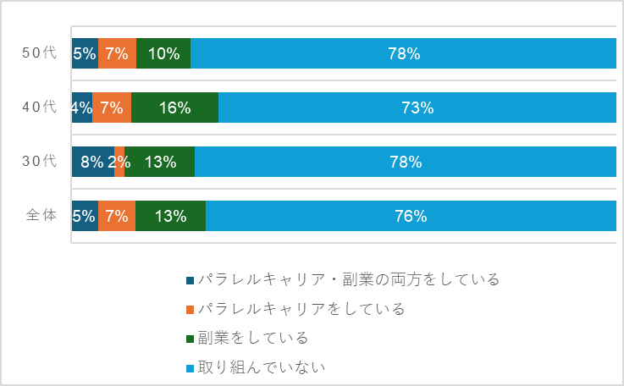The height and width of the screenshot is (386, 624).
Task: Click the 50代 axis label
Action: click(x=39, y=53)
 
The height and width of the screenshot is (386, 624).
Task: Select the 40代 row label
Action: click(x=39, y=108)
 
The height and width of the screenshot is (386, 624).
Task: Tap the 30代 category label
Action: click(x=39, y=162)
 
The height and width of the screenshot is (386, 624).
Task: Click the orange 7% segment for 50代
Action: click(x=117, y=53)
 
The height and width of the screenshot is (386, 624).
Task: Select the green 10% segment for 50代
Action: click(x=163, y=53)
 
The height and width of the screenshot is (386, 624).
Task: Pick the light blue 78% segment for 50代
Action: click(x=404, y=53)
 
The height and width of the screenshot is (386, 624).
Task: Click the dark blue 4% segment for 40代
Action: click(x=82, y=108)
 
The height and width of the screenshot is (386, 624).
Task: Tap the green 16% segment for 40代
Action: click(x=174, y=108)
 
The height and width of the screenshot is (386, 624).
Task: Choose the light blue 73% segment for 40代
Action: click(x=417, y=108)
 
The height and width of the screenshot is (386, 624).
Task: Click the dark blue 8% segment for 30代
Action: click(x=92, y=162)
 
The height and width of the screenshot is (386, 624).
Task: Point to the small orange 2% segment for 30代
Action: click(x=119, y=162)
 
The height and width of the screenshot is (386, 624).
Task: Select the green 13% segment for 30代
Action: click(x=160, y=162)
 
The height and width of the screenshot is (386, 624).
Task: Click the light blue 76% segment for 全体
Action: click(x=411, y=216)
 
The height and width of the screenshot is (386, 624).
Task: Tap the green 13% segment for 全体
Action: click(x=170, y=216)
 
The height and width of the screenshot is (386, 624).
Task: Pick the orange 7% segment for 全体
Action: click(x=117, y=216)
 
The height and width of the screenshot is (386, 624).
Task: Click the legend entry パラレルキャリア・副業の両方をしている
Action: click(x=347, y=279)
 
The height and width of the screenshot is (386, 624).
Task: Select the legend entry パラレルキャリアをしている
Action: click(x=301, y=309)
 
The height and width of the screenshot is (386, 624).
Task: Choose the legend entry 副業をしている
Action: click(x=252, y=338)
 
